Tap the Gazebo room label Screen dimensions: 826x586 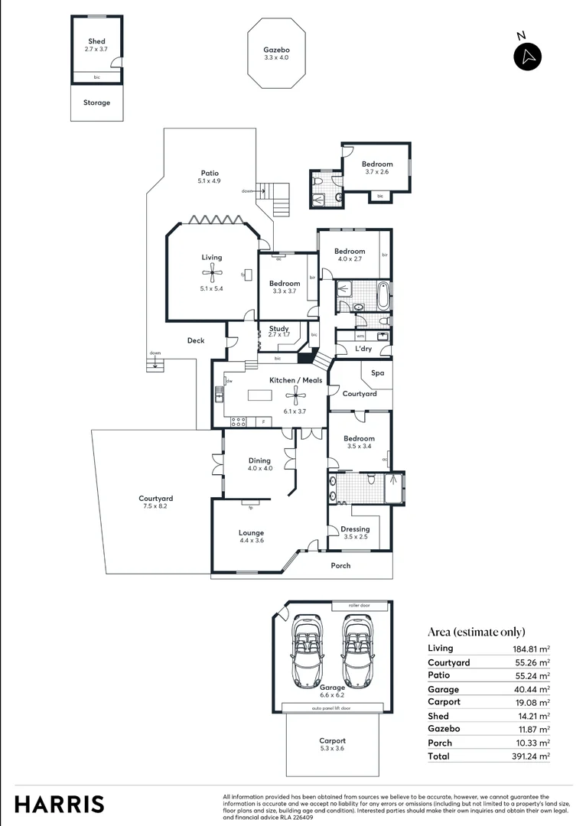[276, 50]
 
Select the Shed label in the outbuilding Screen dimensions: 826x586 [96, 41]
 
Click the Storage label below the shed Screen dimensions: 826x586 [96, 102]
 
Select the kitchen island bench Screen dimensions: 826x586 [260, 396]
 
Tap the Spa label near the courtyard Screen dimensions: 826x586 [377, 373]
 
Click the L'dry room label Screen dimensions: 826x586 [363, 349]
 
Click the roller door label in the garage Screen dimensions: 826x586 [359, 605]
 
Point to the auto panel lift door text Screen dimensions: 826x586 [333, 708]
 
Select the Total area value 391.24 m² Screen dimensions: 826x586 [531, 756]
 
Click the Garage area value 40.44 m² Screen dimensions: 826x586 [531, 689]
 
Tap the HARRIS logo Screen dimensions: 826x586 [59, 804]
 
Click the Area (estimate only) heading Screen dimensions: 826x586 [476, 632]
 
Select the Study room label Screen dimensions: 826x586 [278, 329]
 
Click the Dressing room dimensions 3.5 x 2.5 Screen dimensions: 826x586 [355, 537]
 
